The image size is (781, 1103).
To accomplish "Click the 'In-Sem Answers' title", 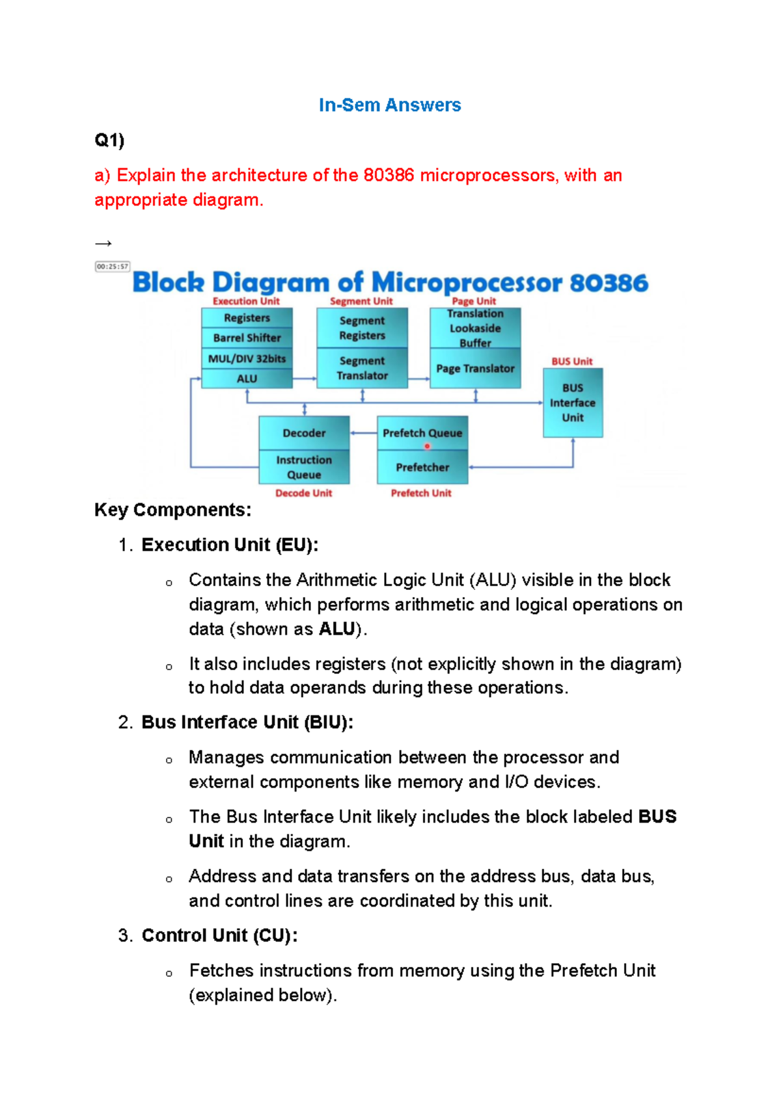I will pos(389,105).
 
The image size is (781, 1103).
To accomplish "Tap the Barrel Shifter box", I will pos(247,338).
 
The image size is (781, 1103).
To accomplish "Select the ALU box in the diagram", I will pos(247,379).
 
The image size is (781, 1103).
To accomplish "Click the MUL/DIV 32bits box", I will pos(247,358).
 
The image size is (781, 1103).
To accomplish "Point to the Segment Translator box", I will pos(362,368).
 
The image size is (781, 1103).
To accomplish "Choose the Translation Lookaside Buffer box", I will pos(475,328).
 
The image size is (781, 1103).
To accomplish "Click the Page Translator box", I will pos(475,368).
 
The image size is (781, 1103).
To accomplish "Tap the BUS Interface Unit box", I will pos(573,403).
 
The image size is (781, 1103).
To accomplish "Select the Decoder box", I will pos(304,433).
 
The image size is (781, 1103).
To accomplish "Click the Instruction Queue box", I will pos(304,467).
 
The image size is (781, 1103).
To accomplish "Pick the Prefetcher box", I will pos(422,467).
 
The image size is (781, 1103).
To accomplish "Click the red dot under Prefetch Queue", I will pos(427,446).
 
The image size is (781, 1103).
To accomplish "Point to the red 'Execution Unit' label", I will pos(246,301).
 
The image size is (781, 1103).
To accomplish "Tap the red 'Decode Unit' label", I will pos(303,493).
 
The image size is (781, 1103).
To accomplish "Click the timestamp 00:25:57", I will pos(113,267).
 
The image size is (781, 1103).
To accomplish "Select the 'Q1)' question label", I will pos(109,140).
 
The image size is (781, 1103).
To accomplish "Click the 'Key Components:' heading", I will pos(172,509).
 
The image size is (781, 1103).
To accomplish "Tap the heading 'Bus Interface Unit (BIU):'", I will pos(247,722).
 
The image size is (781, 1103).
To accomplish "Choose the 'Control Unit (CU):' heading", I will pos(219,935).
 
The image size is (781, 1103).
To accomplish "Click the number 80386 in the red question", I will pos(389,175).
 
